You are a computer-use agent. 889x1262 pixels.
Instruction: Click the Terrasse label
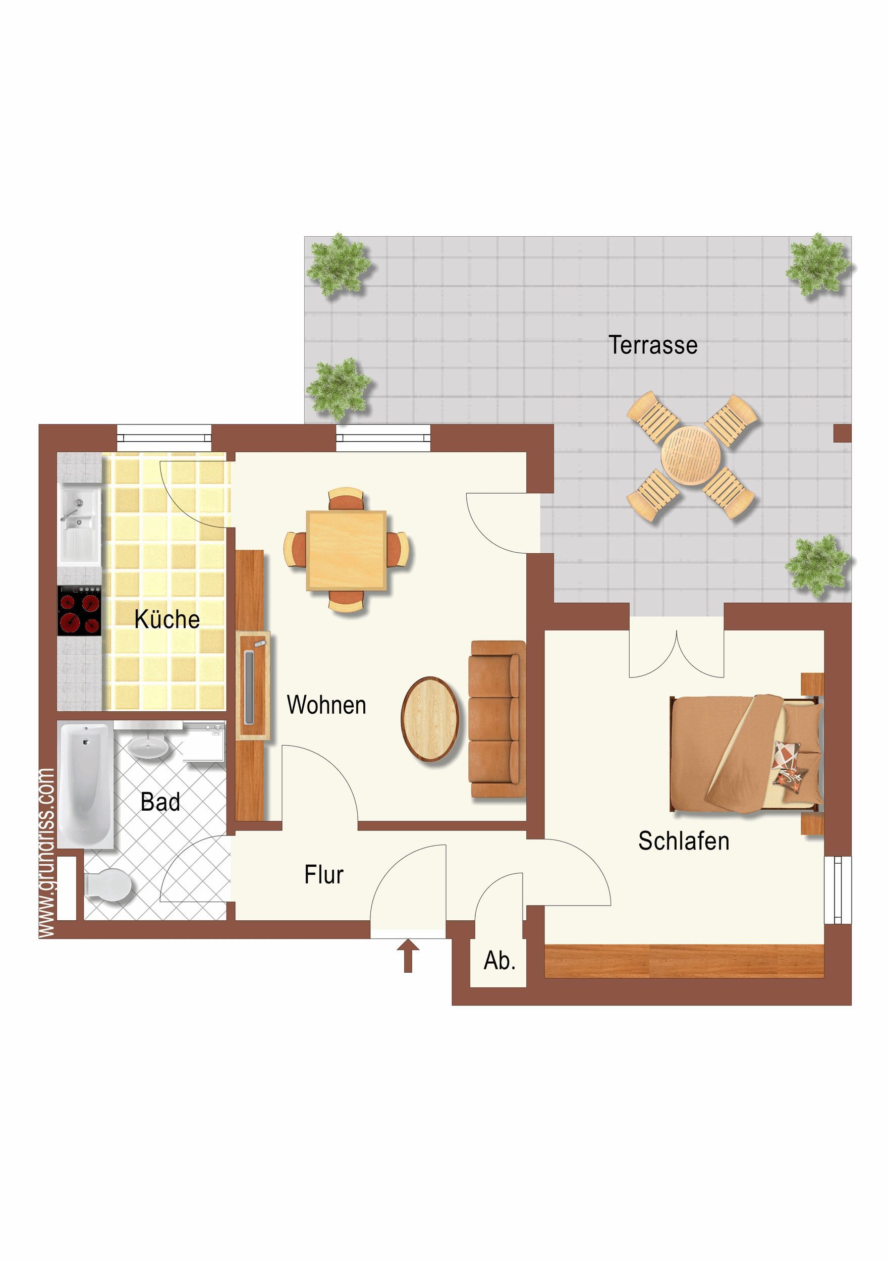point(653,345)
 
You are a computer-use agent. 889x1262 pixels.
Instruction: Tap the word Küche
point(167,619)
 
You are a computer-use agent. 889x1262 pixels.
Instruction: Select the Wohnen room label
point(326,705)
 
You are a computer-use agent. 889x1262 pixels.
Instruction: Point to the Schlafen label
point(684,840)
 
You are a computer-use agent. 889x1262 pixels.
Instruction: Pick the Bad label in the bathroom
point(160,802)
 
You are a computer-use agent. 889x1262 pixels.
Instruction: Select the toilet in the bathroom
point(108,885)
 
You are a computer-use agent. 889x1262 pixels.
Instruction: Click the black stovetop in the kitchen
point(80,611)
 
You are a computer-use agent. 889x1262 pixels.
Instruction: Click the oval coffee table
point(430,719)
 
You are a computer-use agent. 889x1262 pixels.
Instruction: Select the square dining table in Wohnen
point(346,550)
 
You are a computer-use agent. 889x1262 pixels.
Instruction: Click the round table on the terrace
point(691,456)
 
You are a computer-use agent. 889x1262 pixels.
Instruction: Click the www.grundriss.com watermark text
point(47,853)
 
